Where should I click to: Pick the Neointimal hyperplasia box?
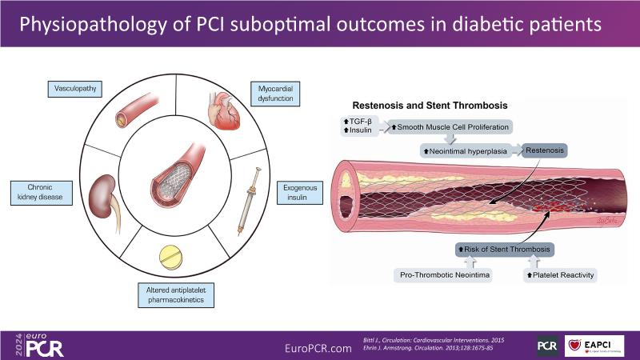466,149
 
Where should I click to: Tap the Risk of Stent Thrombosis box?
504,251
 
